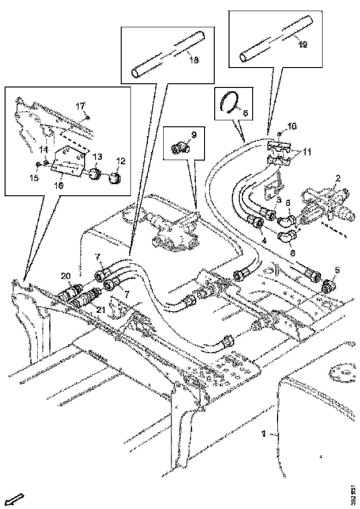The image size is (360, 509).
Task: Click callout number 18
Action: (194, 60)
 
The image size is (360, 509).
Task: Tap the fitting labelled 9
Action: (177, 148)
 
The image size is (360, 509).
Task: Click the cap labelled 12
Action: (114, 177)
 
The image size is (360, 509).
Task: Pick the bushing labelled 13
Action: (94, 175)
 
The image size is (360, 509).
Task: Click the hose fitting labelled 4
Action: (256, 223)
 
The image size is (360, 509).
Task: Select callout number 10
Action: (292, 126)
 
